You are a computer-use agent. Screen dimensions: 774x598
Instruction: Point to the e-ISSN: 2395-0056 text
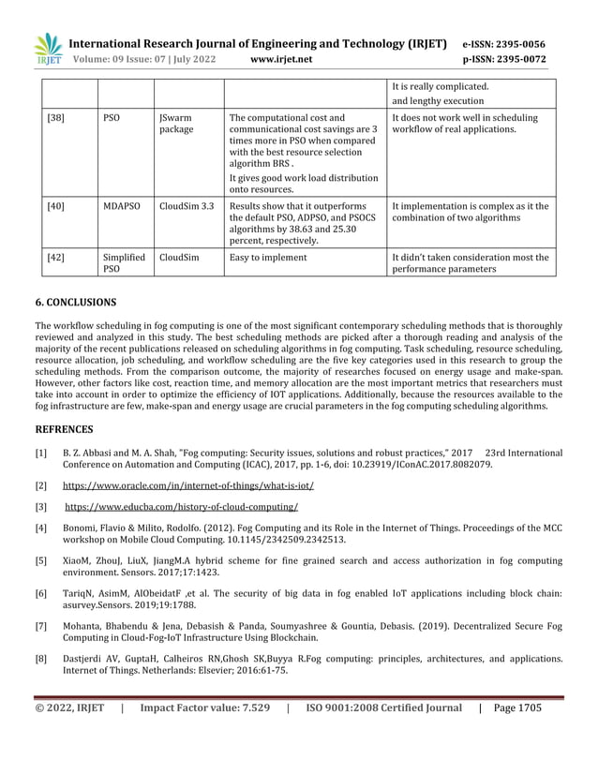504,44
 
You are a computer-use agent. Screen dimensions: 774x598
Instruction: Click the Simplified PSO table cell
123,262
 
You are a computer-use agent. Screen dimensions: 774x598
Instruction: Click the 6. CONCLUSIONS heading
76,304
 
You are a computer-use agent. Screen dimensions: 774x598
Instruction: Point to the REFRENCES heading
64,429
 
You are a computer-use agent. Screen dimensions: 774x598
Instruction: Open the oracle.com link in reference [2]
187,486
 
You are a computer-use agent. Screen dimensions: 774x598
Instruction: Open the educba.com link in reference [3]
181,507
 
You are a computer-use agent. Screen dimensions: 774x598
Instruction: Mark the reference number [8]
41,659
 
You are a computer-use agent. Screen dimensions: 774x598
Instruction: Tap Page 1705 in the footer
517,735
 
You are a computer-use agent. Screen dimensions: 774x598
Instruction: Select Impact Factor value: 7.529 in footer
204,735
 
